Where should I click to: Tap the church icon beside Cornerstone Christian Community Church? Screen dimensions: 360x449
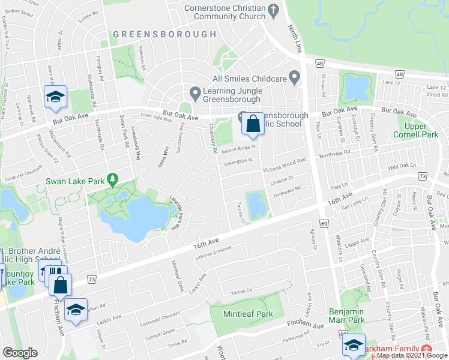(x=274, y=10)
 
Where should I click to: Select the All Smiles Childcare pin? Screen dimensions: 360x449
(x=294, y=77)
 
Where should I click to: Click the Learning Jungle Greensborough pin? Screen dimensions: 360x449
(x=194, y=94)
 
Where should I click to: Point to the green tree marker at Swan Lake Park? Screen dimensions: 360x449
(x=111, y=179)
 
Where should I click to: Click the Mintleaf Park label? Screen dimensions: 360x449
(x=248, y=314)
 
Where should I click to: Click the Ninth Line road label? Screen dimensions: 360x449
(x=295, y=35)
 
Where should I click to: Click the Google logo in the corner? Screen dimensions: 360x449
(x=20, y=353)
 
